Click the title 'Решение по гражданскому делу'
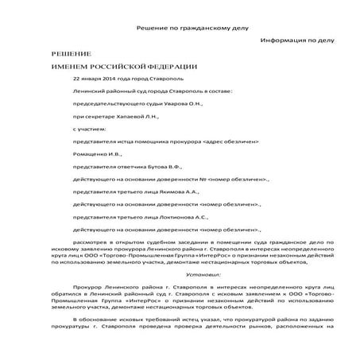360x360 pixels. click(178, 28)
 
